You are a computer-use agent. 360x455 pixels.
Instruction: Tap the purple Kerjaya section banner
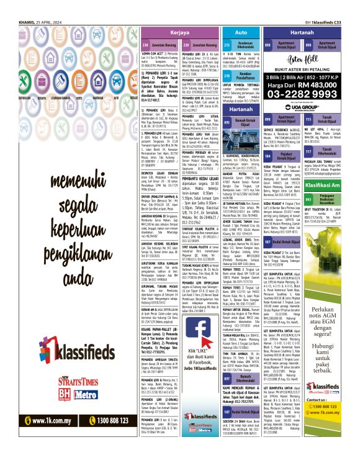pyautogui.click(x=180, y=32)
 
